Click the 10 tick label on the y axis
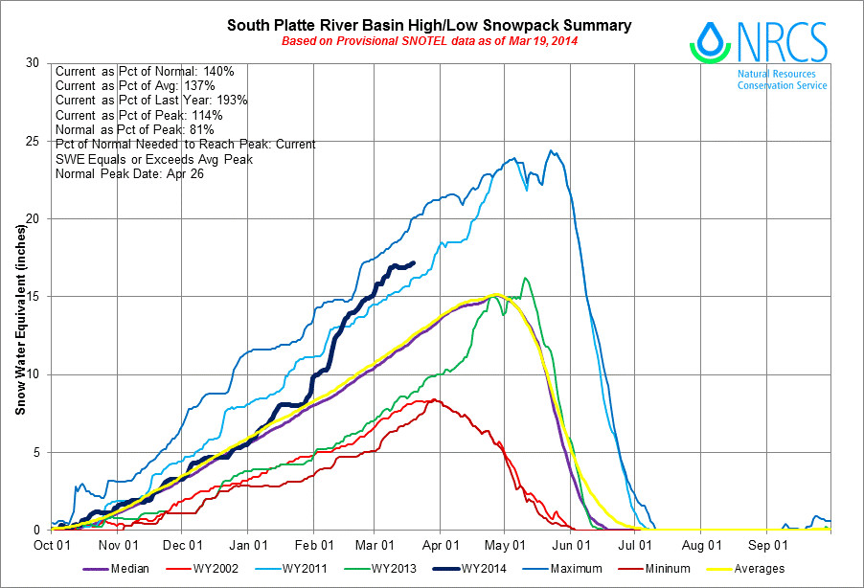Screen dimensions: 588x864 pyautogui.click(x=34, y=374)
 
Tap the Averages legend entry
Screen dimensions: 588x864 pyautogui.click(x=760, y=569)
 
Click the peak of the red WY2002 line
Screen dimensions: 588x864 pyautogui.click(x=435, y=399)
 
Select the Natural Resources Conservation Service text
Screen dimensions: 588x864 pyautogui.click(x=783, y=79)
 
